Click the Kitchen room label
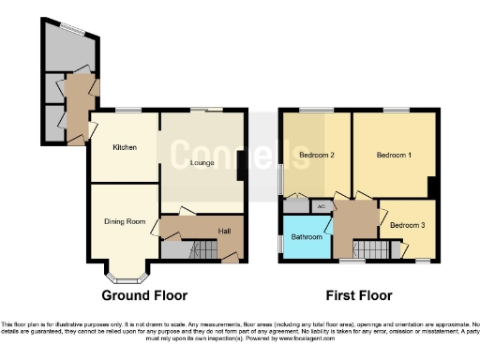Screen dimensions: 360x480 125,148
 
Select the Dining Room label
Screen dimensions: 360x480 124,221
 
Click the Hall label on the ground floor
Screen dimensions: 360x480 224,232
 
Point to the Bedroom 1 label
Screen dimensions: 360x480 394,155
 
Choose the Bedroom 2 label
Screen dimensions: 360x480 317,155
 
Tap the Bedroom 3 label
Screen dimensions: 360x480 406,225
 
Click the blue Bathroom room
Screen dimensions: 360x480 307,237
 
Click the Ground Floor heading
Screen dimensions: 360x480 144,294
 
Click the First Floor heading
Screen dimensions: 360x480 355,294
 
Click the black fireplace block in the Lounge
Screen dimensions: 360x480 241,164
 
